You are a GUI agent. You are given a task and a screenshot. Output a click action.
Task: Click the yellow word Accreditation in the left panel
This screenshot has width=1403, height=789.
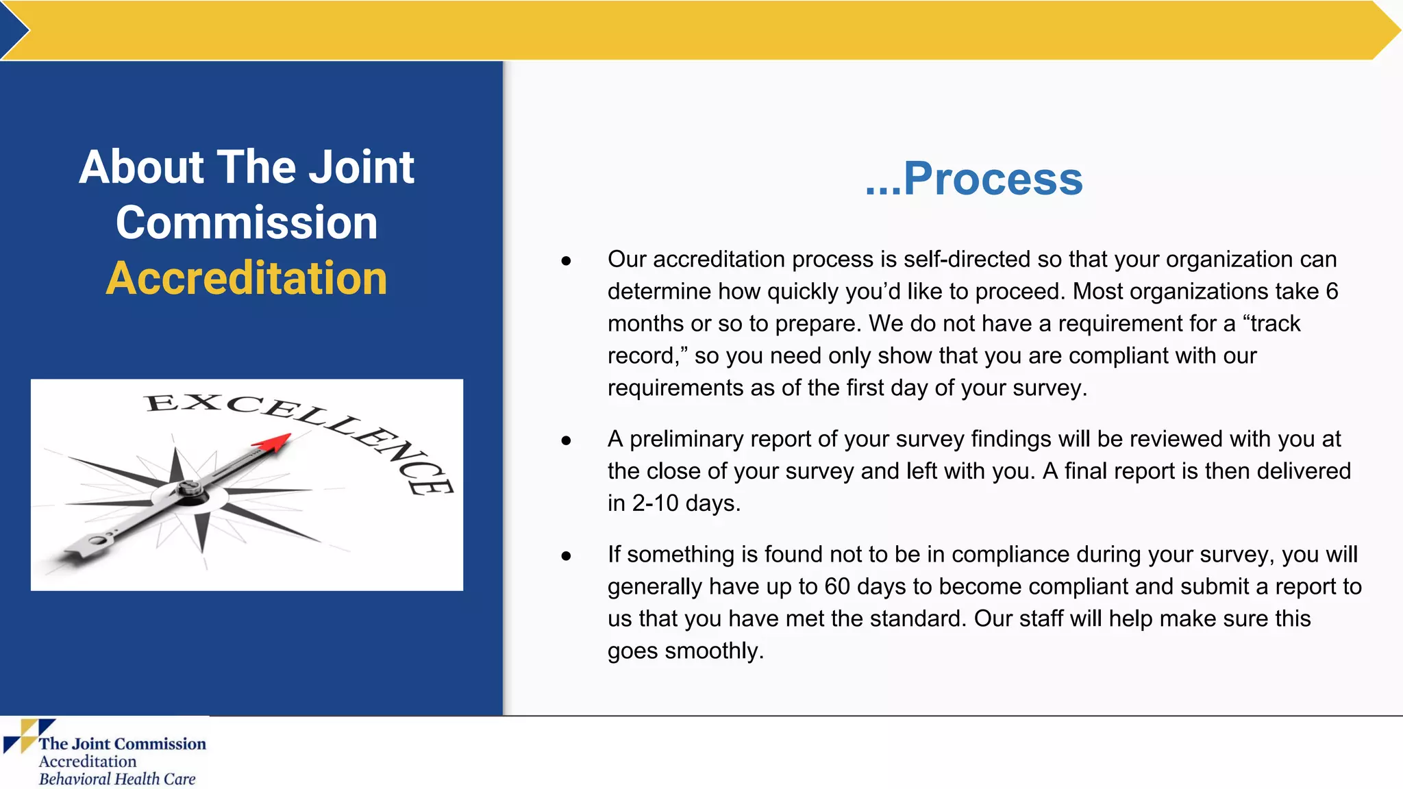point(247,279)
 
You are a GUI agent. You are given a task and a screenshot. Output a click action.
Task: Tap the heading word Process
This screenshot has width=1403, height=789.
point(993,179)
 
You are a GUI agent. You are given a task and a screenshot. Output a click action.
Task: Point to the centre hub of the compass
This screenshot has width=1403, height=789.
point(189,489)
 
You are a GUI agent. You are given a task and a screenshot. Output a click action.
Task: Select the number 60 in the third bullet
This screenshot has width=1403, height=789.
point(837,587)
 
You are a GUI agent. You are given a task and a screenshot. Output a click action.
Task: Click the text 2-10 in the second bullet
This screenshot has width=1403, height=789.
point(655,503)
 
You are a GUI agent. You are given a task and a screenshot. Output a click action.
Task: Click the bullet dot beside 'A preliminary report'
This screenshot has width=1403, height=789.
point(566,440)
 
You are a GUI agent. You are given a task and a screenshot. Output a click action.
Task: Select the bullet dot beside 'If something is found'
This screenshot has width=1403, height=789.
point(566,556)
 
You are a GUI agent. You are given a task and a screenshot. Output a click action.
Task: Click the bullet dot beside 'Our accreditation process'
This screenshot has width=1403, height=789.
point(566,261)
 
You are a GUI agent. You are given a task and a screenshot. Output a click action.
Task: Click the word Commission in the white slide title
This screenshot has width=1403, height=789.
point(247,223)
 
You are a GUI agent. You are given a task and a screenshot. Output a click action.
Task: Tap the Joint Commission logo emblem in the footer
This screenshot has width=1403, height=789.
point(27,736)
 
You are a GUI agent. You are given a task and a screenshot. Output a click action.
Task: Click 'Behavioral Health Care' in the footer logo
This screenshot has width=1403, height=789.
point(117,779)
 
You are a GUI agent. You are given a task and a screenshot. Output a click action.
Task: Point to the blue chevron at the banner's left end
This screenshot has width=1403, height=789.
point(14,30)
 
